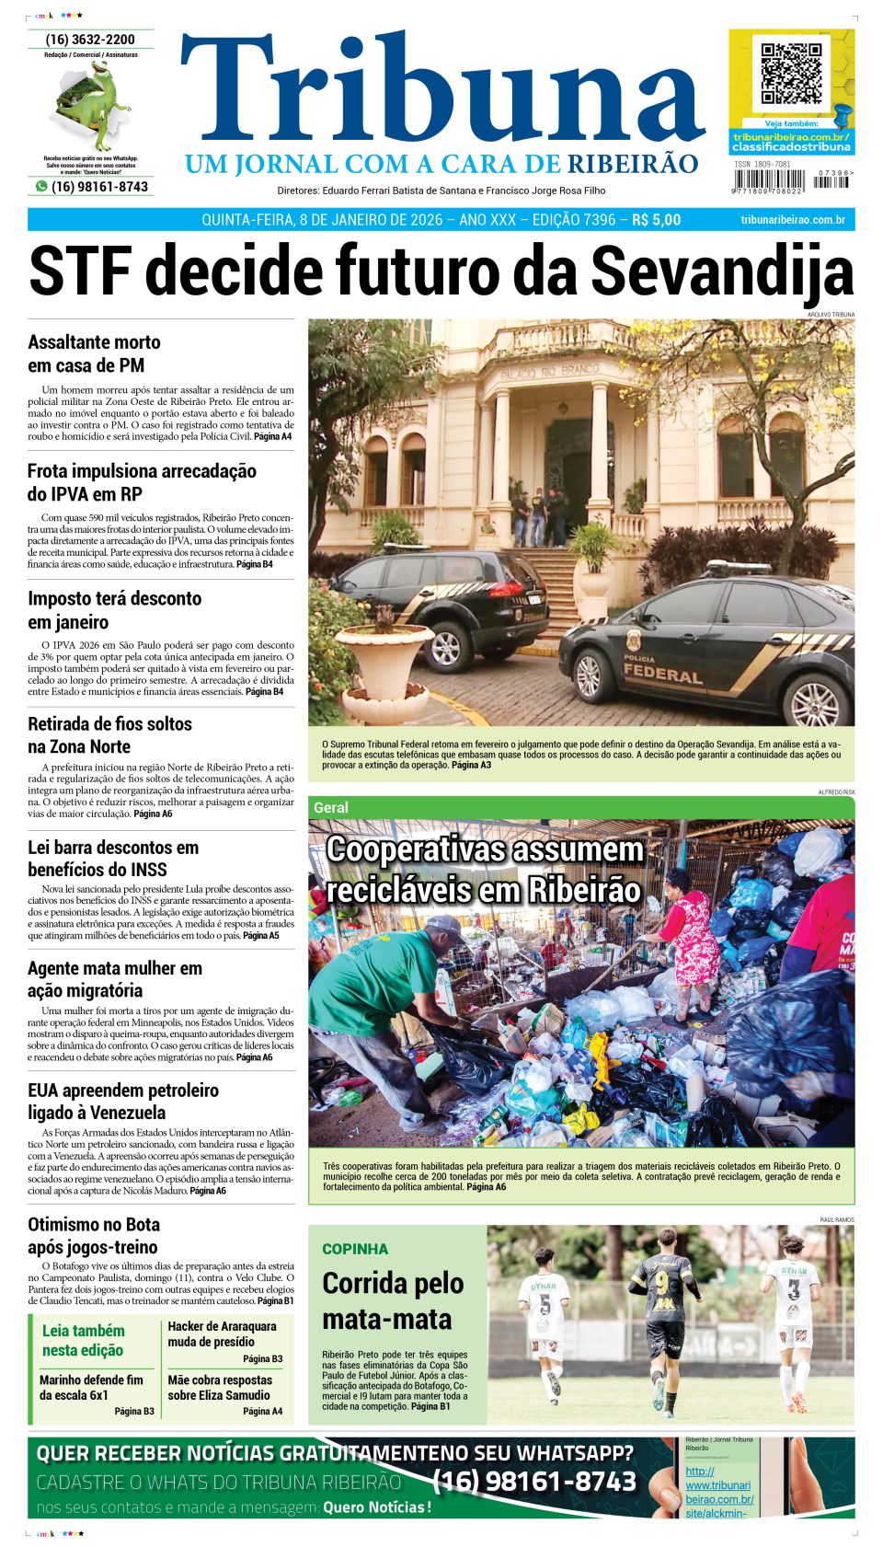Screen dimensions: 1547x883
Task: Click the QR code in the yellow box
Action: coord(790,73)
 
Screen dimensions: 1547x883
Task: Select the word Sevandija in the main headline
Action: coord(721,271)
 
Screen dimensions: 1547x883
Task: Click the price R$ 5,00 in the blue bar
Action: coord(656,220)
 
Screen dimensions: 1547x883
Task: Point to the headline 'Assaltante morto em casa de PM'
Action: coord(94,353)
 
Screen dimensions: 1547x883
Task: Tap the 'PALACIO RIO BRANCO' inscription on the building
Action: coord(549,373)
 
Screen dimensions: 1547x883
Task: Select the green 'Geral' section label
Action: coord(331,807)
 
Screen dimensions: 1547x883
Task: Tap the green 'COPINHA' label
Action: coord(355,1249)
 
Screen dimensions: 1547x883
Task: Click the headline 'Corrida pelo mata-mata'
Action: coord(392,1300)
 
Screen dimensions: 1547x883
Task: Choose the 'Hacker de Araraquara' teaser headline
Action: coord(222,1333)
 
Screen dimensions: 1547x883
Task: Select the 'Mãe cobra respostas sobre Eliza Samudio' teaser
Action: coord(220,1387)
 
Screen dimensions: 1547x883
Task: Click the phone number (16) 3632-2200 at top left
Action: coord(90,40)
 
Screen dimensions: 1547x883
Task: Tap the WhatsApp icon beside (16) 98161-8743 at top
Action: coord(41,186)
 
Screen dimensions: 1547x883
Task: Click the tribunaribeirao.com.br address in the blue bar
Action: coord(792,220)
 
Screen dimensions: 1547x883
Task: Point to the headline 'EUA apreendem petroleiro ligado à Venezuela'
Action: coord(123,1101)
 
